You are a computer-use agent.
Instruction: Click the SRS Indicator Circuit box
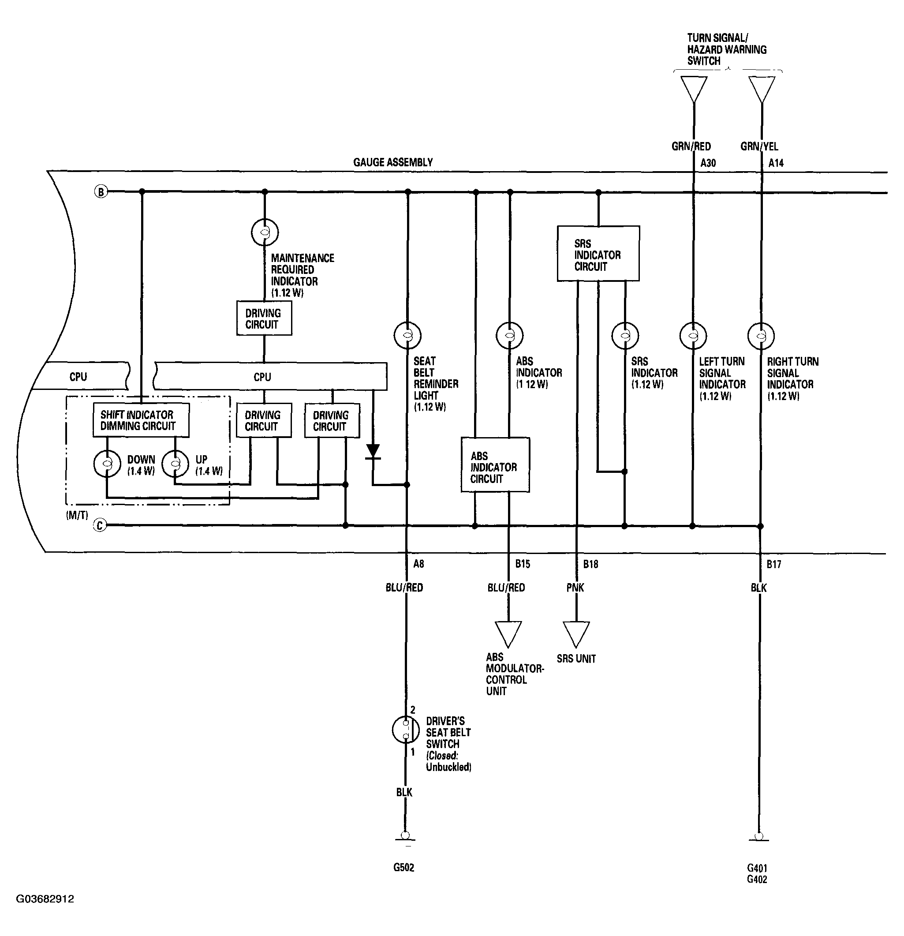click(598, 254)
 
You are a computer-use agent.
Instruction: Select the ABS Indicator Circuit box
click(495, 464)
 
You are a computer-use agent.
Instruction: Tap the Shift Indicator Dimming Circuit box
click(141, 420)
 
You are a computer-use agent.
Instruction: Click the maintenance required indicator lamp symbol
click(265, 232)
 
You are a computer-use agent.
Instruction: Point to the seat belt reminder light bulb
click(407, 335)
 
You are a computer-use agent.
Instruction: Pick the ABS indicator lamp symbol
click(509, 335)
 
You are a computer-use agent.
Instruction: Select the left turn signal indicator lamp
click(693, 335)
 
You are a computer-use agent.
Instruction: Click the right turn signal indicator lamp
click(761, 335)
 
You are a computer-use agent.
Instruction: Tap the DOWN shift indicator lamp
click(107, 464)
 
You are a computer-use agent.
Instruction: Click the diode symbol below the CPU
click(373, 452)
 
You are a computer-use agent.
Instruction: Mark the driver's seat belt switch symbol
click(406, 729)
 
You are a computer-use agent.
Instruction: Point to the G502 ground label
click(403, 867)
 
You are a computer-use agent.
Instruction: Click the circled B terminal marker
click(101, 192)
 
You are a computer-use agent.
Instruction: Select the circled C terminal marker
click(99, 526)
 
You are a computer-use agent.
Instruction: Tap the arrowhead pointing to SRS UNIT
click(576, 634)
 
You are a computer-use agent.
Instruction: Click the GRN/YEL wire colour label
click(759, 146)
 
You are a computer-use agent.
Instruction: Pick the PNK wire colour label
click(575, 588)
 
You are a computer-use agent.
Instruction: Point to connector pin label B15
click(523, 564)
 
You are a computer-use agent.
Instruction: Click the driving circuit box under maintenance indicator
click(264, 318)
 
